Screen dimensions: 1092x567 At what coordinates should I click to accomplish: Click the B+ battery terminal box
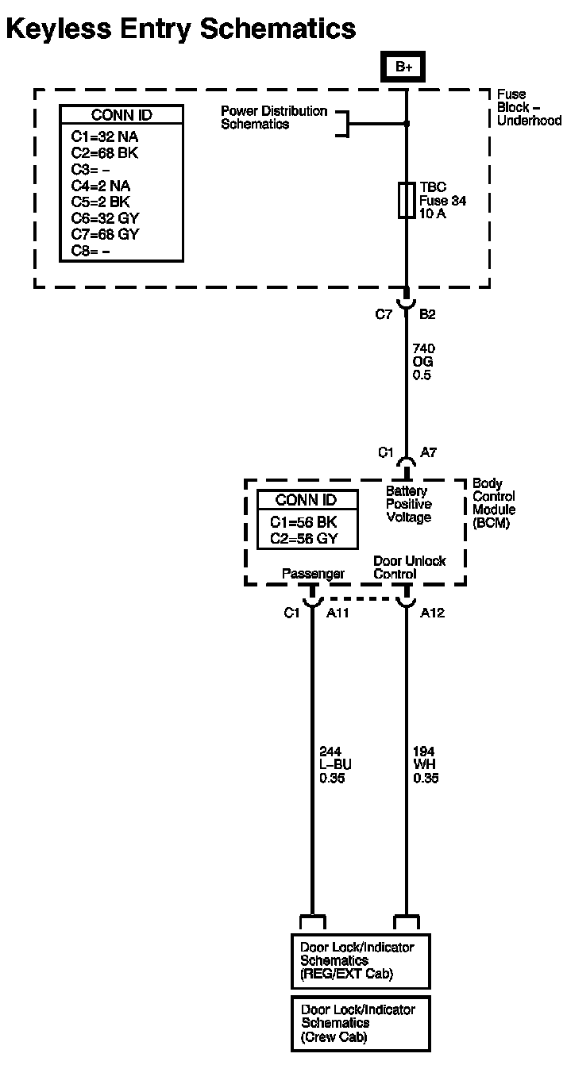point(404,67)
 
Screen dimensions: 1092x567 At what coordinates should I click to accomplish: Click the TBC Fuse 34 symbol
point(407,200)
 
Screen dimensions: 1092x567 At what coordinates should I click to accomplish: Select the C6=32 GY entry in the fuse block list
point(106,218)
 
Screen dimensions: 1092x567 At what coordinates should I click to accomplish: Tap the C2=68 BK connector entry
point(104,153)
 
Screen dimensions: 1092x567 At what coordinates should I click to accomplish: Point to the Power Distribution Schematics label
point(273,117)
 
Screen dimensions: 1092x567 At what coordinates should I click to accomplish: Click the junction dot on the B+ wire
point(407,124)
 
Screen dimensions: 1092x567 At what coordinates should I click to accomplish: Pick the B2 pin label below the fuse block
point(427,314)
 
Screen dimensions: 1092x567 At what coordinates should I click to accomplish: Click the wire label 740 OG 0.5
point(423,361)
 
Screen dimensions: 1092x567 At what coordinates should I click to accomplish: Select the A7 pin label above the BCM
point(428,452)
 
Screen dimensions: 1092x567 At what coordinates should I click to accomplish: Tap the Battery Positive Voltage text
point(408,505)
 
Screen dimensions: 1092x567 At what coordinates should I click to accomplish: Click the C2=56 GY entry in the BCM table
point(304,538)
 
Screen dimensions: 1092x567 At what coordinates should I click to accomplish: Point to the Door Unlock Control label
point(409,567)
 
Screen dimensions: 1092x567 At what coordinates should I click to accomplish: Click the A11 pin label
point(339,613)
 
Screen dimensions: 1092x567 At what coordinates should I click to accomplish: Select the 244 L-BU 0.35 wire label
point(335,764)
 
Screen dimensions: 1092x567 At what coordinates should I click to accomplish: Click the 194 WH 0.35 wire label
point(426,764)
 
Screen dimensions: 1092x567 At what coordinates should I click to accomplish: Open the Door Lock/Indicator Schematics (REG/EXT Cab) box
point(360,960)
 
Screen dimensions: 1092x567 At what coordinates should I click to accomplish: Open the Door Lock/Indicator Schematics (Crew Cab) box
point(360,1023)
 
